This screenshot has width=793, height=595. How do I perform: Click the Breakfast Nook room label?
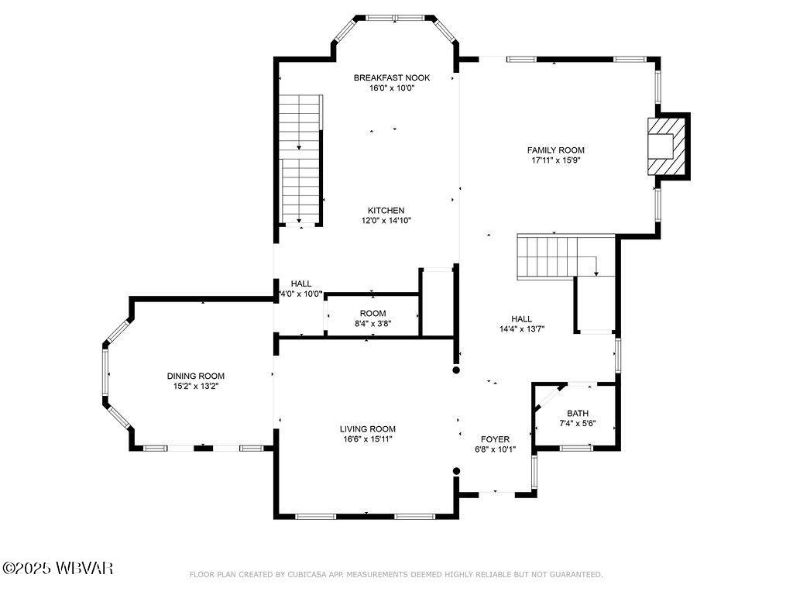click(x=391, y=77)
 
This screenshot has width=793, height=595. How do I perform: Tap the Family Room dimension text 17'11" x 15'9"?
click(x=555, y=161)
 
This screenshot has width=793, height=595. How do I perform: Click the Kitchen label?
click(x=386, y=211)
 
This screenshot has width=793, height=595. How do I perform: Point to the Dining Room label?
click(x=196, y=376)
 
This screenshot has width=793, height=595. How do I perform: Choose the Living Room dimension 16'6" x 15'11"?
click(x=367, y=439)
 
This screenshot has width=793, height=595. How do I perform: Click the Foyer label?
click(x=495, y=439)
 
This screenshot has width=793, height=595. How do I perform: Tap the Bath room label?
click(x=577, y=413)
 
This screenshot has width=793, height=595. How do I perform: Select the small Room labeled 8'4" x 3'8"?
click(x=372, y=318)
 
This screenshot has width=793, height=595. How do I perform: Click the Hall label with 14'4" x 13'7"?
click(x=521, y=318)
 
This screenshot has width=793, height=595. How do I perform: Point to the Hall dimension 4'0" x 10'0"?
click(x=300, y=294)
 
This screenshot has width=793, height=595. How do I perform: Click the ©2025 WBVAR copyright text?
click(x=58, y=569)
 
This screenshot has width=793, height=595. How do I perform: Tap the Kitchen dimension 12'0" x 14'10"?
click(x=386, y=221)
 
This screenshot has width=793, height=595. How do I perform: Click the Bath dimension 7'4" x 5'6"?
click(x=577, y=424)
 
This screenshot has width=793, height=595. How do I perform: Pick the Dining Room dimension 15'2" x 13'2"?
click(x=196, y=386)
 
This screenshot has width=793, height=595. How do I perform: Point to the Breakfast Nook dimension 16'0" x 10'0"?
click(x=391, y=88)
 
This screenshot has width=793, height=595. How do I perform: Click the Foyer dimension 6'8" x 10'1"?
click(x=495, y=449)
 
